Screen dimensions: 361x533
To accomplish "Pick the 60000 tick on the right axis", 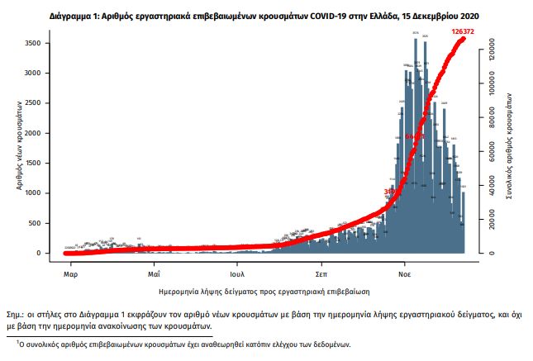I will coord(488,152).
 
